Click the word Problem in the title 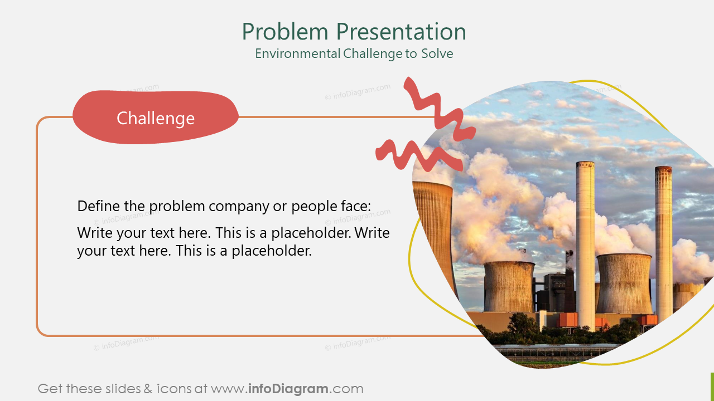point(285,32)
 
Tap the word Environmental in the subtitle point(297,54)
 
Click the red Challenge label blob point(156,118)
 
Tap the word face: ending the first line point(354,206)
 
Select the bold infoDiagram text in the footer point(287,389)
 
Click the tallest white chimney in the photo point(585,239)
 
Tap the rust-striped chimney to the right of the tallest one point(663,239)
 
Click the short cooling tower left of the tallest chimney point(509,287)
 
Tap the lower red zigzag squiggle point(418,155)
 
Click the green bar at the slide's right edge point(712,387)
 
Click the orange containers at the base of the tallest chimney point(568,320)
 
